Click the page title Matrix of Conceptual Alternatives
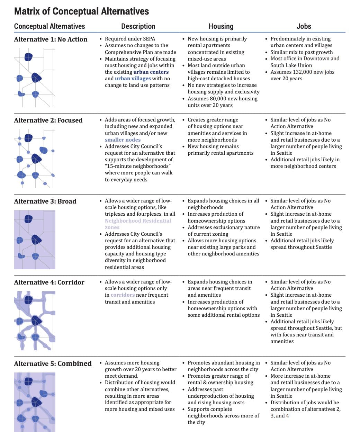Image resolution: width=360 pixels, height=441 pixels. [81, 11]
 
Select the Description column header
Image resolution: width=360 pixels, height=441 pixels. [138, 26]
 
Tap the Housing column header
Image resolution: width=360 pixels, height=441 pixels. [221, 26]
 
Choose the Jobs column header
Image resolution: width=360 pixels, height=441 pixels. [304, 26]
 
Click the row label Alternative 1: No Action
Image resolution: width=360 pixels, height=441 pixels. [51, 39]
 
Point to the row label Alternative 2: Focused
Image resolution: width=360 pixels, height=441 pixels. [48, 120]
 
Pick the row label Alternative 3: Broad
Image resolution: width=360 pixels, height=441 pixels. [45, 201]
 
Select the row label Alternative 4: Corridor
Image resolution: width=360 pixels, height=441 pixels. [49, 282]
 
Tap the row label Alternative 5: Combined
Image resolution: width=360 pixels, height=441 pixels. [53, 363]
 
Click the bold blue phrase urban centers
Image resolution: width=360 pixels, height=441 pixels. [151, 72]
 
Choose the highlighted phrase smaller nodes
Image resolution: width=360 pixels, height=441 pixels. [123, 140]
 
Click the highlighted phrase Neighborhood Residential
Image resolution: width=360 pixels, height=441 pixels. [138, 221]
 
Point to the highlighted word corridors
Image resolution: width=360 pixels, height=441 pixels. [123, 295]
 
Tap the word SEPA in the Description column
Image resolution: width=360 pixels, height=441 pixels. [148, 39]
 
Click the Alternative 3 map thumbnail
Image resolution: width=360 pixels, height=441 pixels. [35, 240]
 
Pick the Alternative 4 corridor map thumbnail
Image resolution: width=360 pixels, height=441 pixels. [35, 321]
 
